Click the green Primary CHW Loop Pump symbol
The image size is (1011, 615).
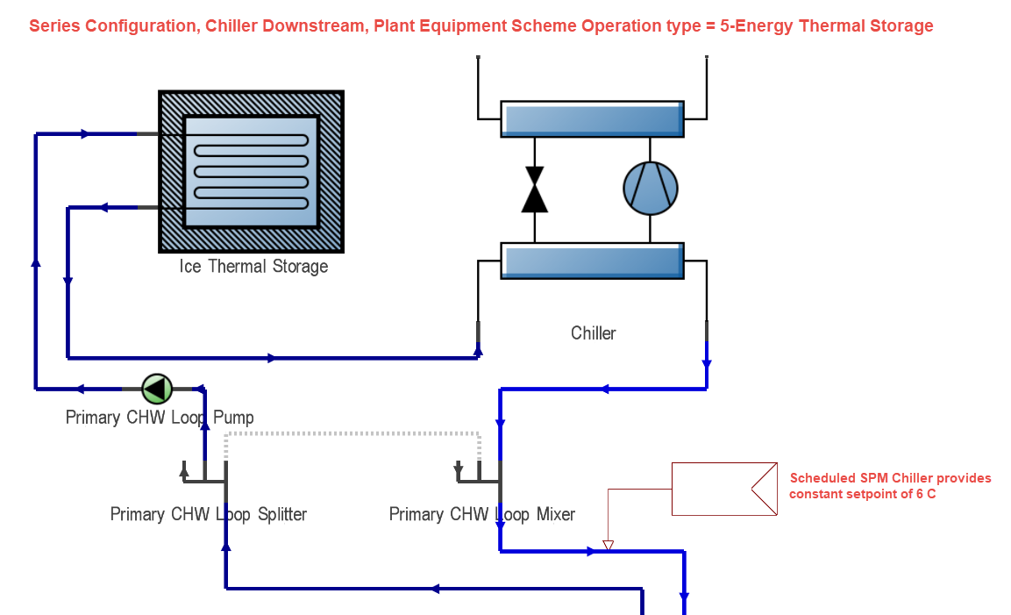point(157,387)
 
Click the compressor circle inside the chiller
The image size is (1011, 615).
point(650,188)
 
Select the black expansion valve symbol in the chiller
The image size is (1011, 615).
point(534,190)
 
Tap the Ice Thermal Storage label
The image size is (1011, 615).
point(253,266)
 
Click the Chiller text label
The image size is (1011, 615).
point(593,333)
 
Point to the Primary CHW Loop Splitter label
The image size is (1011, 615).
point(208,514)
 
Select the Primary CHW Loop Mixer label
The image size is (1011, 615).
point(481,514)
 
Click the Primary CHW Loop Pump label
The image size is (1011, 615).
point(160,418)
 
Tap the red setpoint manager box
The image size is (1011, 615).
point(723,489)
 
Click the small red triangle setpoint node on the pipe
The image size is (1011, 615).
point(608,546)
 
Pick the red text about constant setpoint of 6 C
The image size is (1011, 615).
point(890,486)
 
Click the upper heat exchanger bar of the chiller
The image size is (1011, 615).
point(592,118)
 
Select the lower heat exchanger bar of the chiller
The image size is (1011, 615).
point(592,261)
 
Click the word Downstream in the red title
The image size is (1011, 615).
point(323,25)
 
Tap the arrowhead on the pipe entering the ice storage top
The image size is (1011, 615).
point(85,134)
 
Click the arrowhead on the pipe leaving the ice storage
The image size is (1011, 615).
point(103,208)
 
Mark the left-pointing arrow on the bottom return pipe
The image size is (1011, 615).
point(433,589)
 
